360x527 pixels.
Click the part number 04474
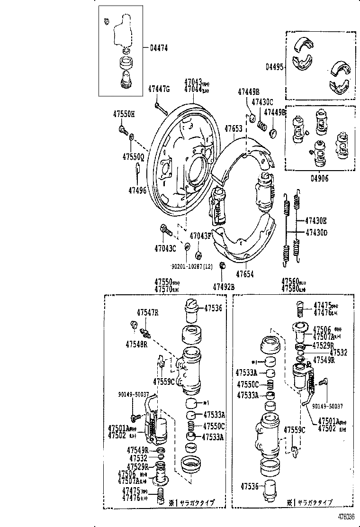160,47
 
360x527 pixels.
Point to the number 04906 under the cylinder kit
320,178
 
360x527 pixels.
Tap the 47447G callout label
159,89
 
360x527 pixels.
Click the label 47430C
262,102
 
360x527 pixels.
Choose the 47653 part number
234,128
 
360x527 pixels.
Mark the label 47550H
124,114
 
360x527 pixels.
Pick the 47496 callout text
137,190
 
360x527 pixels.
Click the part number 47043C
165,247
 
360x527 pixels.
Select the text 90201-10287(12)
191,267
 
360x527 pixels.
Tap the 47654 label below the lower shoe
246,274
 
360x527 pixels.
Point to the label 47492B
224,286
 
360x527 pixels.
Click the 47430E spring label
316,220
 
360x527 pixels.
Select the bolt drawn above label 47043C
164,229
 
